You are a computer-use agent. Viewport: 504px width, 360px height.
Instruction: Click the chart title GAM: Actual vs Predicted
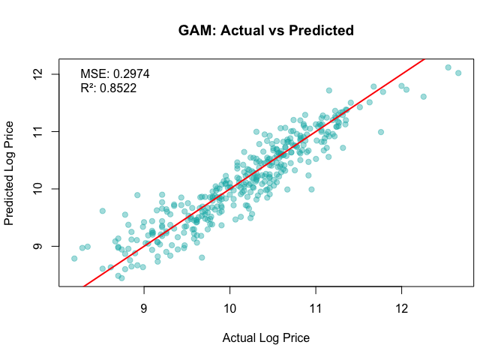(x=266, y=31)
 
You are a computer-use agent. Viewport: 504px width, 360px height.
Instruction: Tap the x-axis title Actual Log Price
(x=266, y=337)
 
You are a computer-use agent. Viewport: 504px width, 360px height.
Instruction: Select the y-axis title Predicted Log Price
(x=10, y=172)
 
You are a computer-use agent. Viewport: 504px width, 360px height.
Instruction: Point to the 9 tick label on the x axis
(x=144, y=308)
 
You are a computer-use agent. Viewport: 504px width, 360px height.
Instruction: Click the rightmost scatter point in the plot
(x=458, y=73)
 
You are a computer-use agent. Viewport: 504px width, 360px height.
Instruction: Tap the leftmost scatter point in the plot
(x=74, y=258)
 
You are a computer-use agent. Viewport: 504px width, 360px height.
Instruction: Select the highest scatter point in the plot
(x=448, y=67)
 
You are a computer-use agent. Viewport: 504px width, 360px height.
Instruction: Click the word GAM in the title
(x=194, y=31)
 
